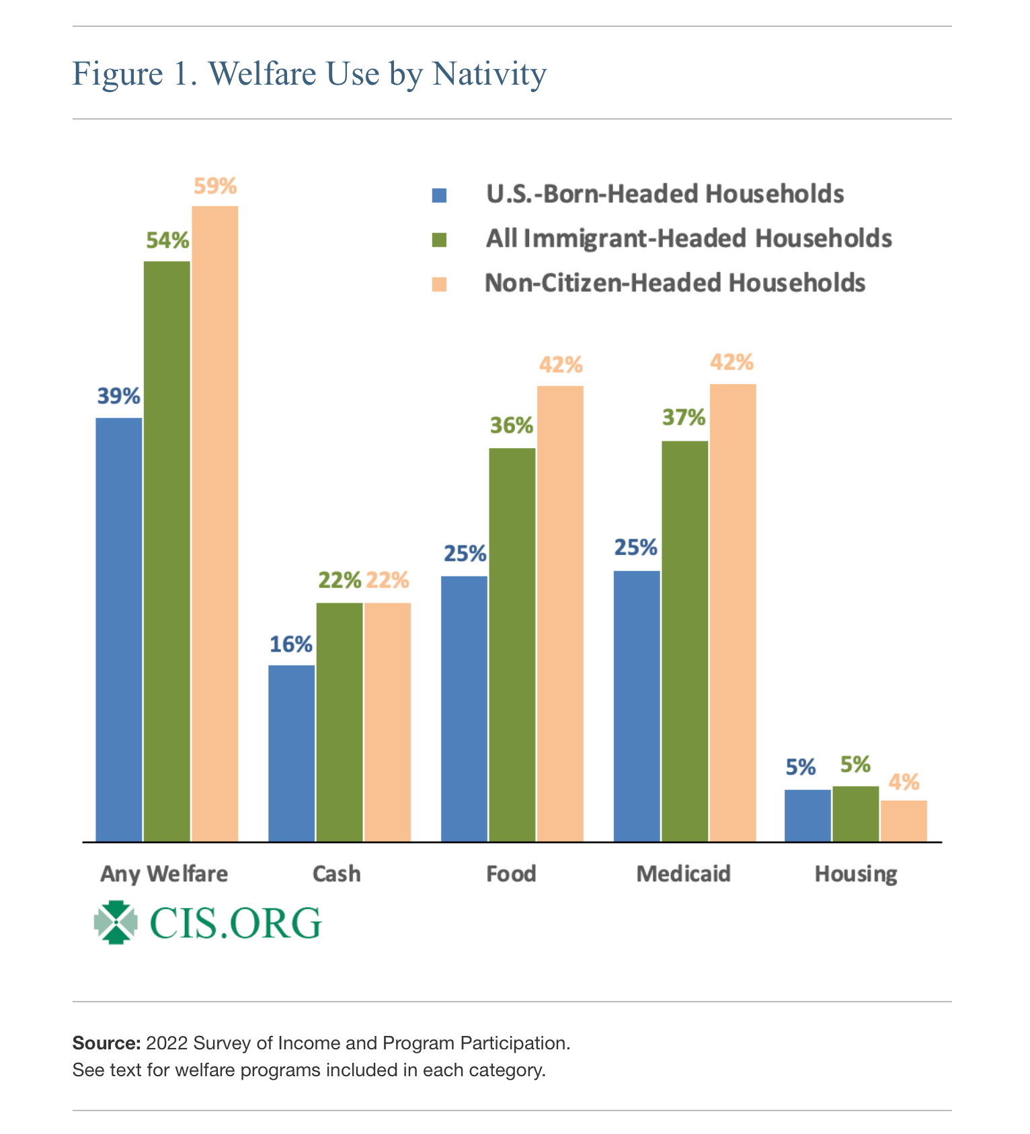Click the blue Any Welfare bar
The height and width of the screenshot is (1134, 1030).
[x=119, y=629]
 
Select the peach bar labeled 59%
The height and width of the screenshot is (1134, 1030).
[x=215, y=523]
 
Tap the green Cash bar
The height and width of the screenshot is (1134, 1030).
[x=340, y=722]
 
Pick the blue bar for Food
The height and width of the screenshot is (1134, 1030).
[x=465, y=709]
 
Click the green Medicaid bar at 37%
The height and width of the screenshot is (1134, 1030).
[x=685, y=641]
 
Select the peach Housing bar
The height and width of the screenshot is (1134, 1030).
[x=904, y=821]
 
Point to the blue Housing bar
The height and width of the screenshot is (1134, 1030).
[x=807, y=816]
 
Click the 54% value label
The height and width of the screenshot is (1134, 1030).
[x=167, y=241]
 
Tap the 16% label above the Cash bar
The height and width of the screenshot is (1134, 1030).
[x=291, y=645]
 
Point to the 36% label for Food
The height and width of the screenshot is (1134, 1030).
[x=512, y=425]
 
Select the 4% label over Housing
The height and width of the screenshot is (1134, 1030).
[x=904, y=782]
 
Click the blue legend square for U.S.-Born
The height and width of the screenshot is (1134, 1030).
[x=440, y=195]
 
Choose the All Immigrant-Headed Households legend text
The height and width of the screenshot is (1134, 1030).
[x=688, y=238]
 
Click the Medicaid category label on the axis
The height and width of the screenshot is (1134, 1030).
[x=683, y=874]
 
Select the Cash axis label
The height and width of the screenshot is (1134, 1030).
[x=337, y=874]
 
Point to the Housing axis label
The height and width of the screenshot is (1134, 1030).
[x=856, y=874]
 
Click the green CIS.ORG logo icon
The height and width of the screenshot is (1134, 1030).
[x=116, y=922]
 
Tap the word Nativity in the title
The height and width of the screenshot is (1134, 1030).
[x=489, y=73]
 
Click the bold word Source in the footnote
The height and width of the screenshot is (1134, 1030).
[x=106, y=1043]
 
